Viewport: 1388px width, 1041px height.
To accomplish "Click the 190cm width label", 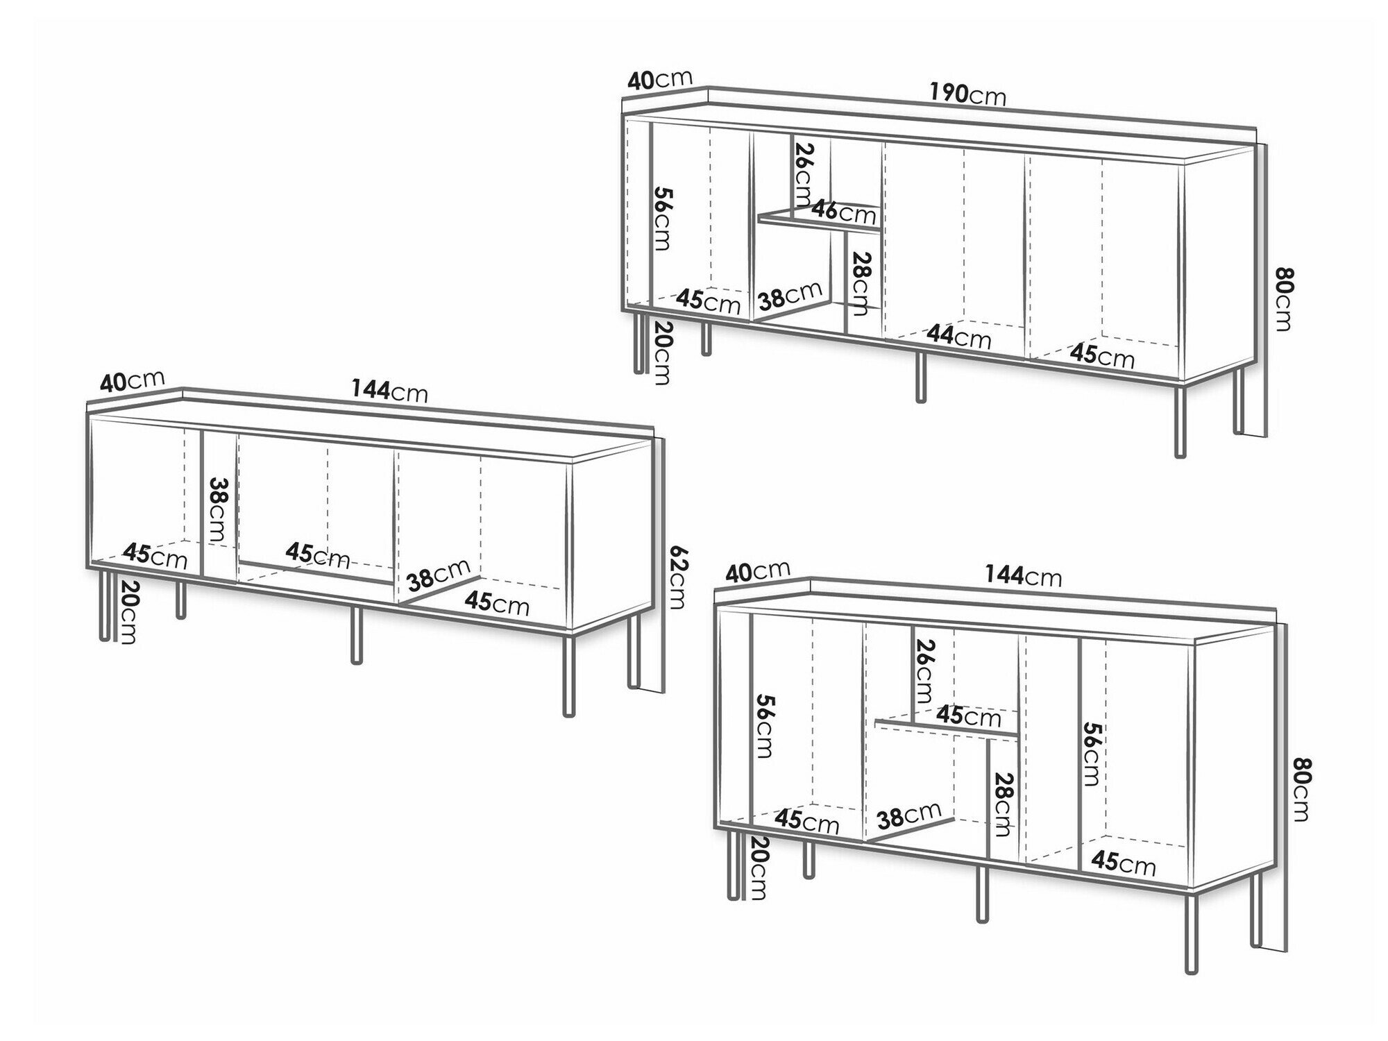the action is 967,93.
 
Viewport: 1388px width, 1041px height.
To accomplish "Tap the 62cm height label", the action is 677,576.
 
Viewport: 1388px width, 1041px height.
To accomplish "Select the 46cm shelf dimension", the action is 845,211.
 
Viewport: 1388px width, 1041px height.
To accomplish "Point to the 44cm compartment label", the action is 960,337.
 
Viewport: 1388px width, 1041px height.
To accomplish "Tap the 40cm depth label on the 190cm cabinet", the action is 659,79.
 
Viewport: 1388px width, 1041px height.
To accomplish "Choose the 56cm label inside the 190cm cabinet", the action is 663,219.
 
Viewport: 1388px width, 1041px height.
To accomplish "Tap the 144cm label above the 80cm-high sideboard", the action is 1023,575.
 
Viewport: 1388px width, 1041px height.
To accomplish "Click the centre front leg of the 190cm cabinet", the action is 921,377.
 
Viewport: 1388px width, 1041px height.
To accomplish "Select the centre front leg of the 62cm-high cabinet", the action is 357,635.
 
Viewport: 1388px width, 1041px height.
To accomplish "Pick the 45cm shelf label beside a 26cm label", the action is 970,715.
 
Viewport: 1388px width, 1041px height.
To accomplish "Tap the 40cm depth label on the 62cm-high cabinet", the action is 132,380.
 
